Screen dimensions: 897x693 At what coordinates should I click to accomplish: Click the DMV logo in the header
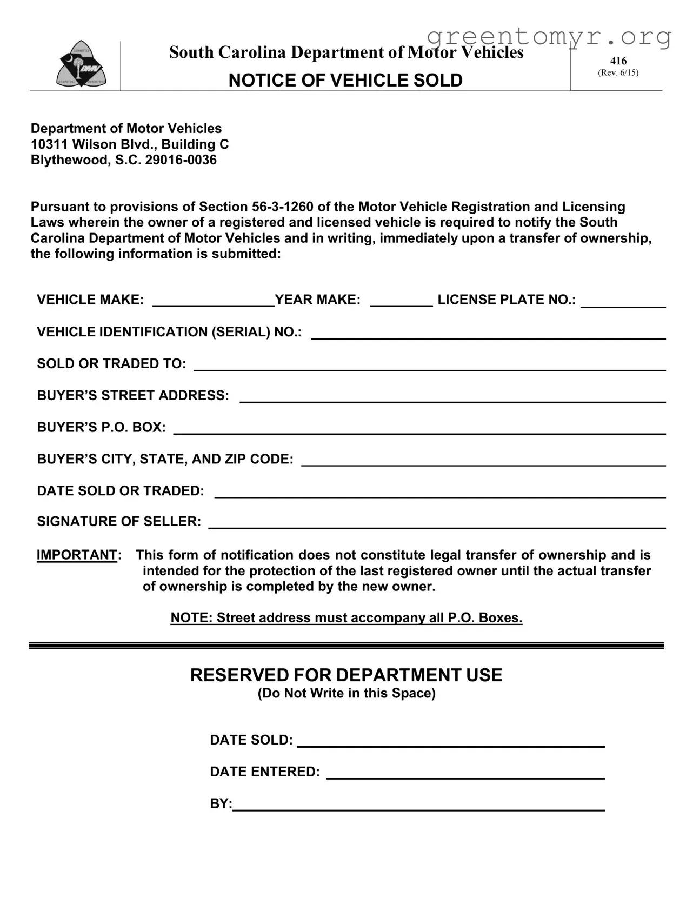coord(82,64)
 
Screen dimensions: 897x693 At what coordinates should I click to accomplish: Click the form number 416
coord(618,61)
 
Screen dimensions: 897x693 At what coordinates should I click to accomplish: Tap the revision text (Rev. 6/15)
coord(618,72)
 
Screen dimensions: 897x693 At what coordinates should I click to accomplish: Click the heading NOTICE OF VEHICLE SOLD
coord(345,81)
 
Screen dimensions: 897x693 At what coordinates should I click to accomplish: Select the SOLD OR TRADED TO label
coord(111,364)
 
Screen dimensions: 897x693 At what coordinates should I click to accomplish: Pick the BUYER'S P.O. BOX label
coord(101,428)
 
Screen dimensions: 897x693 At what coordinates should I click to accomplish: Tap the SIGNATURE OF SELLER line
coord(437,523)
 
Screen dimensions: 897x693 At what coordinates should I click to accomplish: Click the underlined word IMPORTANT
coord(77,555)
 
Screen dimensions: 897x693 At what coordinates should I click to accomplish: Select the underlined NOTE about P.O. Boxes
coord(346,618)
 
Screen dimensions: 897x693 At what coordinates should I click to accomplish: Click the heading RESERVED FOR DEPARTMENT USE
coord(346,675)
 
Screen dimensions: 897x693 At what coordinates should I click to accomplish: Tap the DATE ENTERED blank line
coord(465,773)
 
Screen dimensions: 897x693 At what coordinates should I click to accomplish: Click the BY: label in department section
coord(221,804)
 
